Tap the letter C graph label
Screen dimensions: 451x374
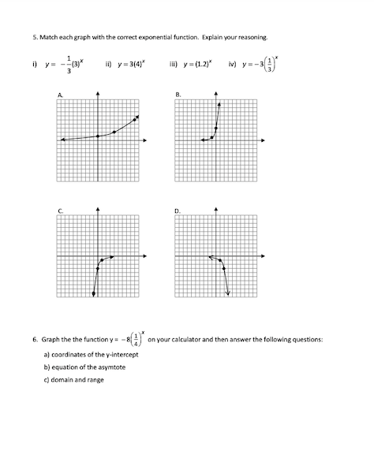(60, 211)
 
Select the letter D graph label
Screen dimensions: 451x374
(178, 211)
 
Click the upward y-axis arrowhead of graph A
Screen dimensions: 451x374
(98, 95)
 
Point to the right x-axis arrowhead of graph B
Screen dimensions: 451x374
(263, 140)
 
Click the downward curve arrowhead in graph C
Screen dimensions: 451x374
(94, 295)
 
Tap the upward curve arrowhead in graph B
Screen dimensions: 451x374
(219, 103)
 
